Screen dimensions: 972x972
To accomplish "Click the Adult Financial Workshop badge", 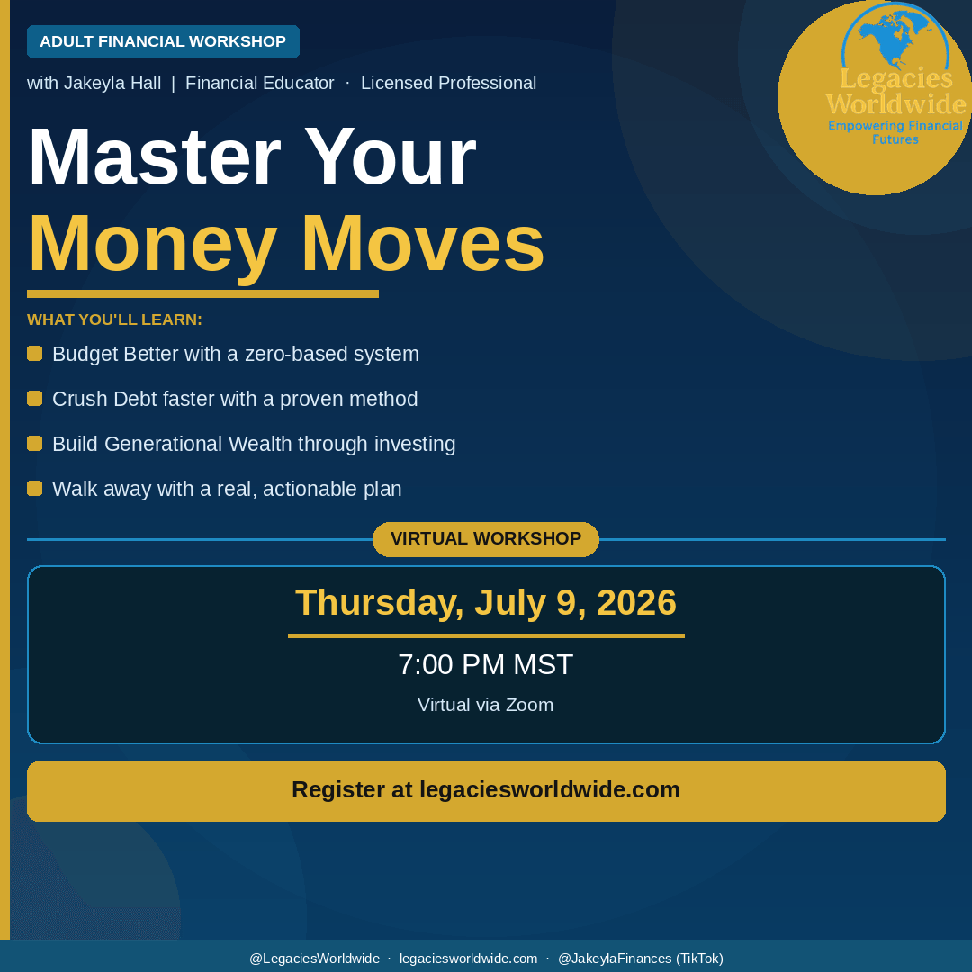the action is click(x=163, y=41).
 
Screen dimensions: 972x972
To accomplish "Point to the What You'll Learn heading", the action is click(x=114, y=319).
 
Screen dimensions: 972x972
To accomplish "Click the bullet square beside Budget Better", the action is click(x=35, y=354).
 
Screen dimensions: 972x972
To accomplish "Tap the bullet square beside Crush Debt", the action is click(x=35, y=398).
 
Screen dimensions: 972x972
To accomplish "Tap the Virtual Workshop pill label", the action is click(x=486, y=539).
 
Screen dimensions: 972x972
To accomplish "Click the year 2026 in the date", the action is click(x=636, y=602).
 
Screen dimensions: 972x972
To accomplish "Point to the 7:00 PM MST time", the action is click(x=486, y=664).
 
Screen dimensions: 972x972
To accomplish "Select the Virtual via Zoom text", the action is click(x=486, y=705).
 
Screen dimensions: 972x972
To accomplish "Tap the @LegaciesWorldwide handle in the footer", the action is click(x=314, y=958).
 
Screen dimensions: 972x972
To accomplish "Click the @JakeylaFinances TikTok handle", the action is click(x=641, y=958).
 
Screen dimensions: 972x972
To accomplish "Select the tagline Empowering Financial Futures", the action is click(x=895, y=132).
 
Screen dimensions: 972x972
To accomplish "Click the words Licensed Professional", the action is click(x=449, y=83).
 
